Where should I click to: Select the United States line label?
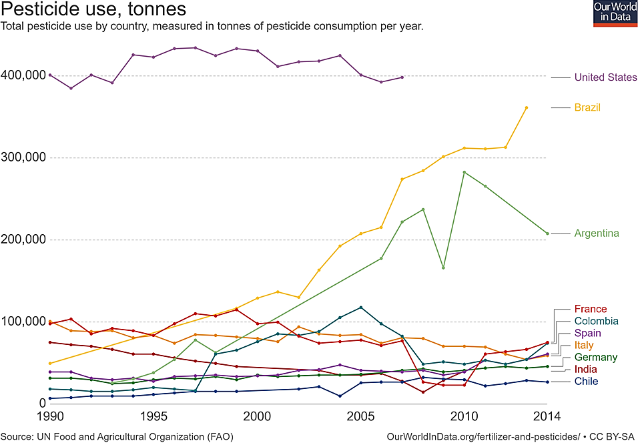605,77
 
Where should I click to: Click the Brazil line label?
587,107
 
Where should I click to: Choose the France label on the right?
591,309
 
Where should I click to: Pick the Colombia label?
596,321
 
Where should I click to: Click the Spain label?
587,333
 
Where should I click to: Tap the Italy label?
585,345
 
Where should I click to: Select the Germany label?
596,357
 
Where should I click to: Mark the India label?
585,369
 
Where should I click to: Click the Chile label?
586,381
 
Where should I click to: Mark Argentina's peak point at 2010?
464,172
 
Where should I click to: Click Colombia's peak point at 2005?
361,308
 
